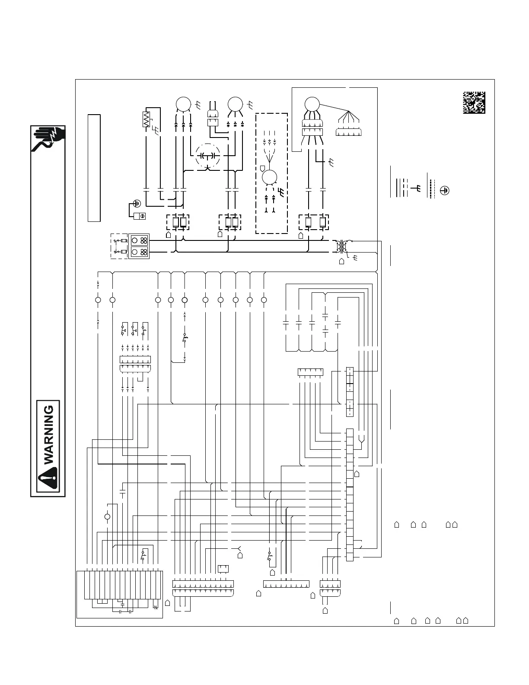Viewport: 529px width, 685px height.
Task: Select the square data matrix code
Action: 474,102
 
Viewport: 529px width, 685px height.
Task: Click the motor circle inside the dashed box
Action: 271,178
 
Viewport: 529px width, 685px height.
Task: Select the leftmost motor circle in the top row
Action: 183,104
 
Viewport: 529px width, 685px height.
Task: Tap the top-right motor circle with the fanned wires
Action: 312,104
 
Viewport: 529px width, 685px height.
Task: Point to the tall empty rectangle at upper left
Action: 94,168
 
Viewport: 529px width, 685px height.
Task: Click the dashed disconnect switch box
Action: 119,246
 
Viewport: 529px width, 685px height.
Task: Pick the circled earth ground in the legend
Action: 444,189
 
